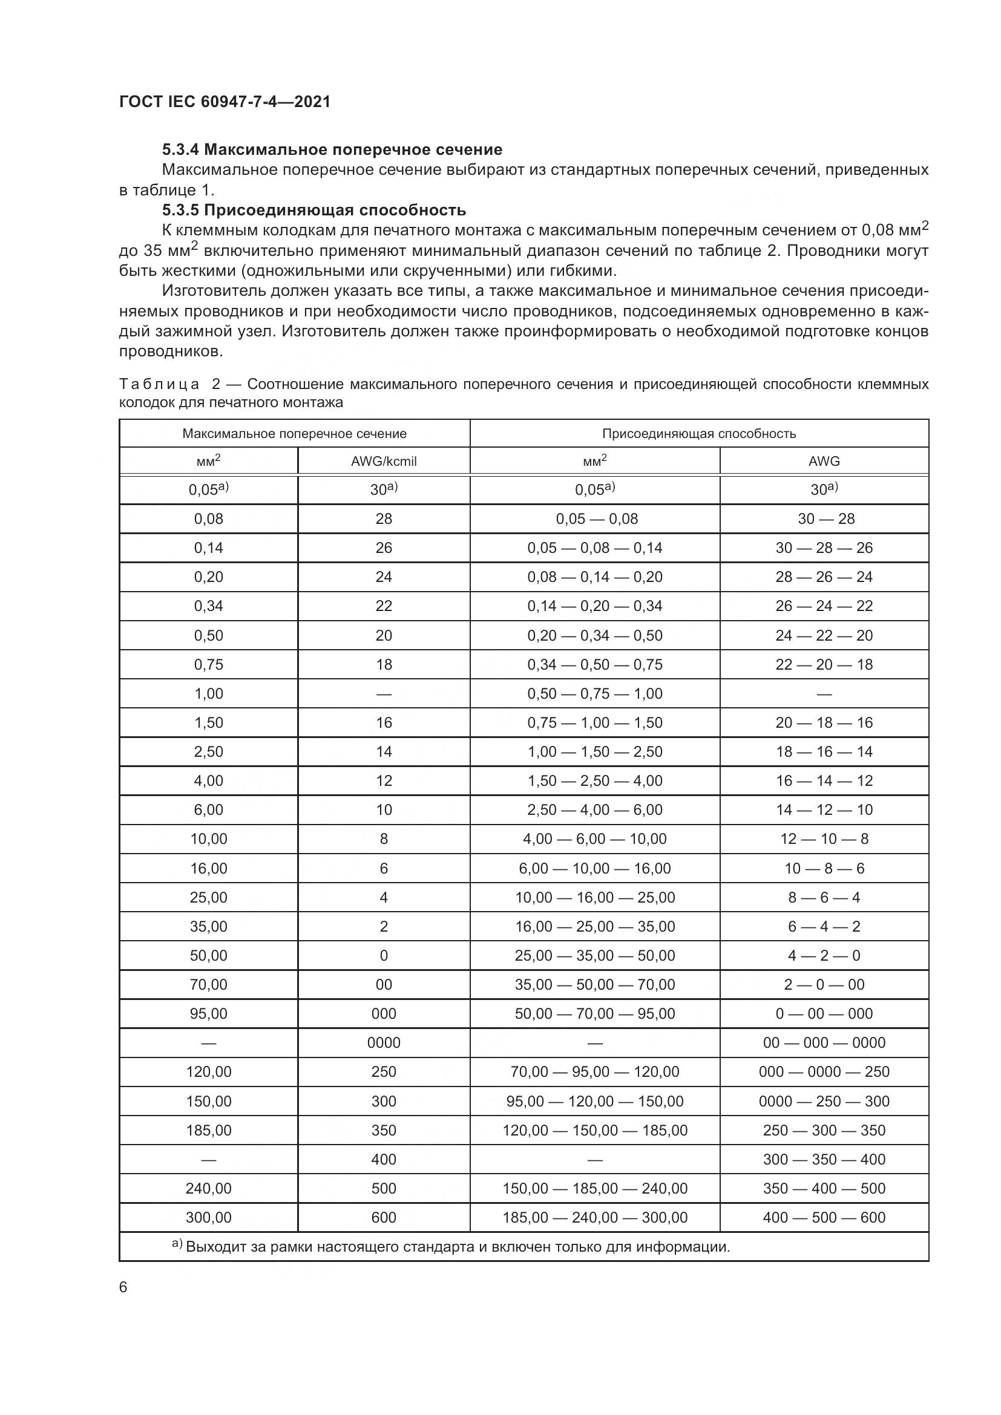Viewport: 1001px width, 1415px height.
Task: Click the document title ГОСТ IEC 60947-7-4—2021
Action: pos(225,102)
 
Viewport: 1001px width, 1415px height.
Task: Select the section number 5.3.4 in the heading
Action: pos(180,150)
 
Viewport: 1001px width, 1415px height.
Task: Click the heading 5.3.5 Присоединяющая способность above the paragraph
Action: pos(313,210)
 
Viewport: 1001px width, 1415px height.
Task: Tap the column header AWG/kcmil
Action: pos(383,461)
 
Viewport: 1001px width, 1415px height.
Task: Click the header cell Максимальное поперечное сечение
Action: pos(294,433)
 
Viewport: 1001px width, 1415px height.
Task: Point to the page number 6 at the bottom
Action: pos(123,1287)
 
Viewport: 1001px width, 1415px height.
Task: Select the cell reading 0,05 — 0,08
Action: pos(596,519)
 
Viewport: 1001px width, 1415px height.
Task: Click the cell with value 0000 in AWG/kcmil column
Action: pos(383,1043)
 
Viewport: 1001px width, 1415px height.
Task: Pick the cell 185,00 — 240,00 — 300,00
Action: pos(595,1217)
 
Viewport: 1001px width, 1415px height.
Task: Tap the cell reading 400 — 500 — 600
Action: pos(824,1217)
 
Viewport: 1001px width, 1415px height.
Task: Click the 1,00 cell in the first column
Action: pos(208,693)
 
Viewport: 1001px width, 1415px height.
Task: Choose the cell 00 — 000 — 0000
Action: pos(824,1043)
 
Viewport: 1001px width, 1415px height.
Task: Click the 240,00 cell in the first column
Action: pos(208,1188)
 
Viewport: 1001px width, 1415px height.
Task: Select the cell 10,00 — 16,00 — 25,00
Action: pos(595,897)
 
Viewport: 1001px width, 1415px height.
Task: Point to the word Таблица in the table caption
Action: pos(159,385)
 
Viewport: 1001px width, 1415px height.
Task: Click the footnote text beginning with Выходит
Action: pos(458,1247)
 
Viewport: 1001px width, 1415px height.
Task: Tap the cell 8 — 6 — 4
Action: pos(824,897)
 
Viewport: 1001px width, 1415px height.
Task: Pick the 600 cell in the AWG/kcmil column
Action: pos(383,1217)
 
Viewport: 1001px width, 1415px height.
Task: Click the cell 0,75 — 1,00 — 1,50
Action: pos(595,723)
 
